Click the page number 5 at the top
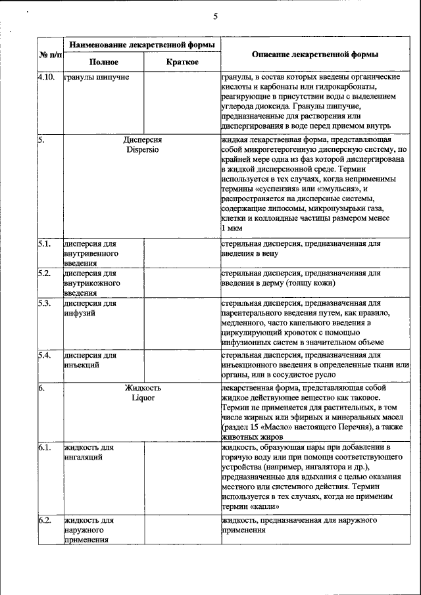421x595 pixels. (x=215, y=16)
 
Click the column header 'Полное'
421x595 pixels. (x=104, y=62)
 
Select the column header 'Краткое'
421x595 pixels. (x=182, y=62)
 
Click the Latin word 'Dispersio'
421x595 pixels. (x=143, y=149)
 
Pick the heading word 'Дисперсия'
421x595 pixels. (x=143, y=140)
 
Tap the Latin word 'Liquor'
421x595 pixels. (x=143, y=398)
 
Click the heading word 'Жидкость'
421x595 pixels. (x=143, y=389)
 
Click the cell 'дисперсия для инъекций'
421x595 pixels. (x=91, y=360)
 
